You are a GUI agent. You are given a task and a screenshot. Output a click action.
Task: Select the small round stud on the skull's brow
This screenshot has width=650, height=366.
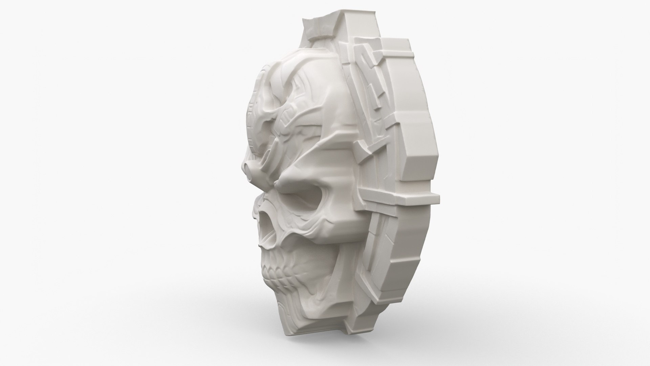[249, 166]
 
